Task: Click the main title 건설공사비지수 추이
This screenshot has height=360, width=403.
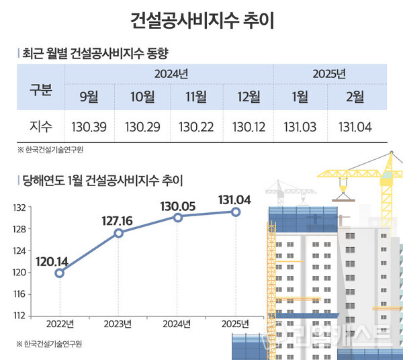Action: point(201,19)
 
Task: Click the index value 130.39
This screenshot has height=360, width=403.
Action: point(89,126)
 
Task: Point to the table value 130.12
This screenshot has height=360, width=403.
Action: point(248,126)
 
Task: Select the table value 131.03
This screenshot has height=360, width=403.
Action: point(301,126)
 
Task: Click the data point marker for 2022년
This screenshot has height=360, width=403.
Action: point(60,273)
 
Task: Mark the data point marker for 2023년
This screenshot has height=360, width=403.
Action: point(119,233)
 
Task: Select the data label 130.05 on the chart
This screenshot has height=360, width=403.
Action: point(177,206)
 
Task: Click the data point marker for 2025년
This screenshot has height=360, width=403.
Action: point(236,212)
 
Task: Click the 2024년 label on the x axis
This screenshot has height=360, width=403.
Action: point(177,324)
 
